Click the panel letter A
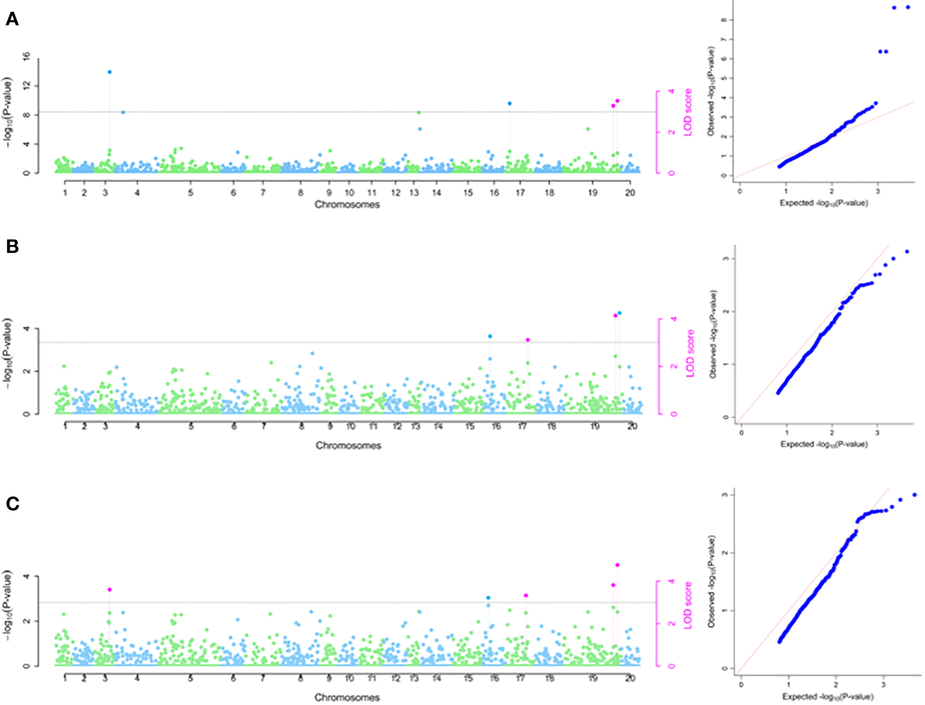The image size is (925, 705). tap(12, 20)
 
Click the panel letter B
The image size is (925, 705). tap(12, 246)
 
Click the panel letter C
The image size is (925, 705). tap(12, 504)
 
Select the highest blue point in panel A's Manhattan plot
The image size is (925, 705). tap(110, 72)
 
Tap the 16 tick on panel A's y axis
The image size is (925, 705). tap(27, 57)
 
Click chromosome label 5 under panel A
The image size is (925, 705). tap(191, 193)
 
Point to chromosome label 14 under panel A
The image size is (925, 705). tap(437, 193)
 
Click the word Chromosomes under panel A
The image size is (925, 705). tap(347, 204)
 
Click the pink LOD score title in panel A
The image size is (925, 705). tap(687, 112)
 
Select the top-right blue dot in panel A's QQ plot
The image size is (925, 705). tap(908, 7)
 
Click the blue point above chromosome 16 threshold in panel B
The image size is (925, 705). tap(490, 336)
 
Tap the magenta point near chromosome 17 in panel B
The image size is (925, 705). tap(528, 340)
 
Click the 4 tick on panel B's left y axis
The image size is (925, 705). tap(27, 328)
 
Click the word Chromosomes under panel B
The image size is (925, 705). tap(349, 446)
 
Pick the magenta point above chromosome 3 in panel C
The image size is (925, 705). tap(110, 589)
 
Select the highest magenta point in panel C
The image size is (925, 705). tap(618, 565)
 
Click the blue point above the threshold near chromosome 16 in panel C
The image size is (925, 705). tap(488, 598)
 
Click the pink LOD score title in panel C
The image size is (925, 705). tap(687, 606)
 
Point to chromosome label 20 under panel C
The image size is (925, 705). tap(630, 679)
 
